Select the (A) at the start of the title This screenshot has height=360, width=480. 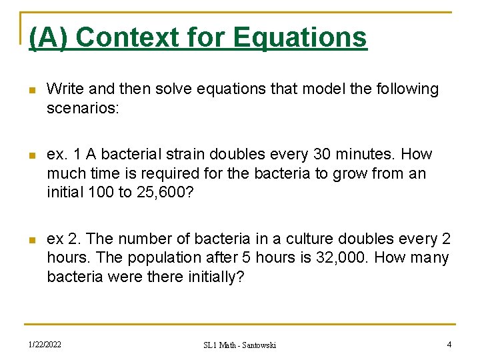pos(49,37)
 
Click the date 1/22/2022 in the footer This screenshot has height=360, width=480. pos(45,344)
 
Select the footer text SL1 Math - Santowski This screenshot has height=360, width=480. pos(240,345)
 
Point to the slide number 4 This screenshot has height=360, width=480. pos(449,344)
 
